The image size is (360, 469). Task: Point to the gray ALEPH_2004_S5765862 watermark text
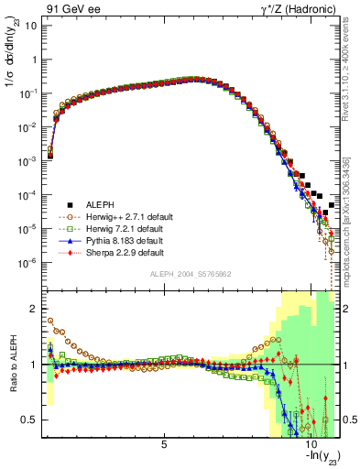coord(191,274)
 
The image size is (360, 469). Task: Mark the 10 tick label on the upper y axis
coord(30,25)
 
